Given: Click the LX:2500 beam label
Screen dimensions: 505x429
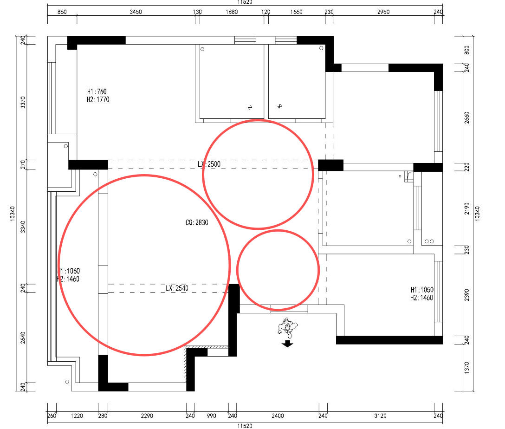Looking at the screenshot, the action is coord(209,164).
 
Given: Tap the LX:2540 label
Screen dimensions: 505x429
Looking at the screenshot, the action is coord(177,288).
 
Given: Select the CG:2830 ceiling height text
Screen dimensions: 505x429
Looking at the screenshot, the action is coord(197,222).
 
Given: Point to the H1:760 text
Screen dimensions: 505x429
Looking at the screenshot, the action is coord(97,91).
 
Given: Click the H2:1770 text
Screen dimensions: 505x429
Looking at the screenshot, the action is coord(98,99).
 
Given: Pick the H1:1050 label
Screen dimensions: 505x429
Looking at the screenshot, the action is coord(422,290).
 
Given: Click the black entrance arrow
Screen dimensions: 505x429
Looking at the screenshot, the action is coord(287,344).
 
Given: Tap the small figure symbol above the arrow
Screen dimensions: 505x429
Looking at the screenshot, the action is coord(287,326).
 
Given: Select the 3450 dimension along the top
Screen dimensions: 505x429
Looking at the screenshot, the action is coord(136,12).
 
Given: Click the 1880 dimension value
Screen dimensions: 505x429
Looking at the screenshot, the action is coord(232,12).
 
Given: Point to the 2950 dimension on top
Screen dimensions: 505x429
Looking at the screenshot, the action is coord(383,12).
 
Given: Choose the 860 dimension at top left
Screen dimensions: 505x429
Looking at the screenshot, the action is coord(62,12).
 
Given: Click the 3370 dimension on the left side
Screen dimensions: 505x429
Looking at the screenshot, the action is coord(23,102).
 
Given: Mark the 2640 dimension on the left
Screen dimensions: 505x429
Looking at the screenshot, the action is coord(23,338).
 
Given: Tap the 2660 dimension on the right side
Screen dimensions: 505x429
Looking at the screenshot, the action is coord(467,117).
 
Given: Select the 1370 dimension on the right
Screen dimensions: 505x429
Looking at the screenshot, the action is coord(467,368).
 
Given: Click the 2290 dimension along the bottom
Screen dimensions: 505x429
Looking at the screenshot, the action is coord(147,416).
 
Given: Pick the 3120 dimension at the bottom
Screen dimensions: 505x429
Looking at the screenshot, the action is coord(380,416).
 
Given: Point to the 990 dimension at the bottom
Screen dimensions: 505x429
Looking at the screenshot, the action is coord(211,416).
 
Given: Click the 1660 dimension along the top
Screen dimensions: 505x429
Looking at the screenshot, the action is coord(296,12).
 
